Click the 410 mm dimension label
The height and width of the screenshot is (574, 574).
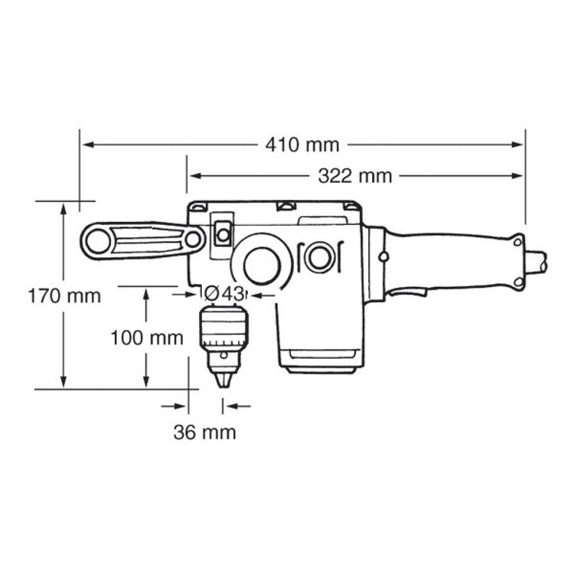(302, 145)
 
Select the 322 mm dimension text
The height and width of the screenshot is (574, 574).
(355, 176)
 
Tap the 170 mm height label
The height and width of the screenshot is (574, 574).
(64, 295)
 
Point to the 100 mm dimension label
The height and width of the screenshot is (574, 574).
(146, 338)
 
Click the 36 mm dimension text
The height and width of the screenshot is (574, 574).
(205, 432)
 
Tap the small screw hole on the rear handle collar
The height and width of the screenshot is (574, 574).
(383, 256)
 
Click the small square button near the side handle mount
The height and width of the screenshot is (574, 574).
(223, 234)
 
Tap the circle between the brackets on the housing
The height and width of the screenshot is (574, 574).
(320, 258)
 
